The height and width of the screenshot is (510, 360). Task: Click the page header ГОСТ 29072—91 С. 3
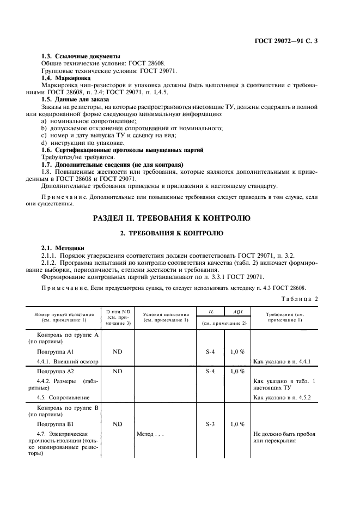click(285, 41)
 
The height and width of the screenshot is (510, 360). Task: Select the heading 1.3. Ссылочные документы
click(81, 56)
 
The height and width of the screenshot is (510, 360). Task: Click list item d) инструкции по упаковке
click(78, 142)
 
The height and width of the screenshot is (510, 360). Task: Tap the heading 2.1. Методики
click(63, 247)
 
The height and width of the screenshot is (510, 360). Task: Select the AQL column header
click(237, 311)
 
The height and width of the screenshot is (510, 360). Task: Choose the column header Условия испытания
click(166, 317)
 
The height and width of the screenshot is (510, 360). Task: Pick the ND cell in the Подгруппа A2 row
click(118, 371)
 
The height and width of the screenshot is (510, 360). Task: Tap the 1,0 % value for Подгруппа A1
click(237, 351)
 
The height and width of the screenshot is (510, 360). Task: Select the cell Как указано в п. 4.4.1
click(282, 362)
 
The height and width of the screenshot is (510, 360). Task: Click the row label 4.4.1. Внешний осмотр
click(66, 362)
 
